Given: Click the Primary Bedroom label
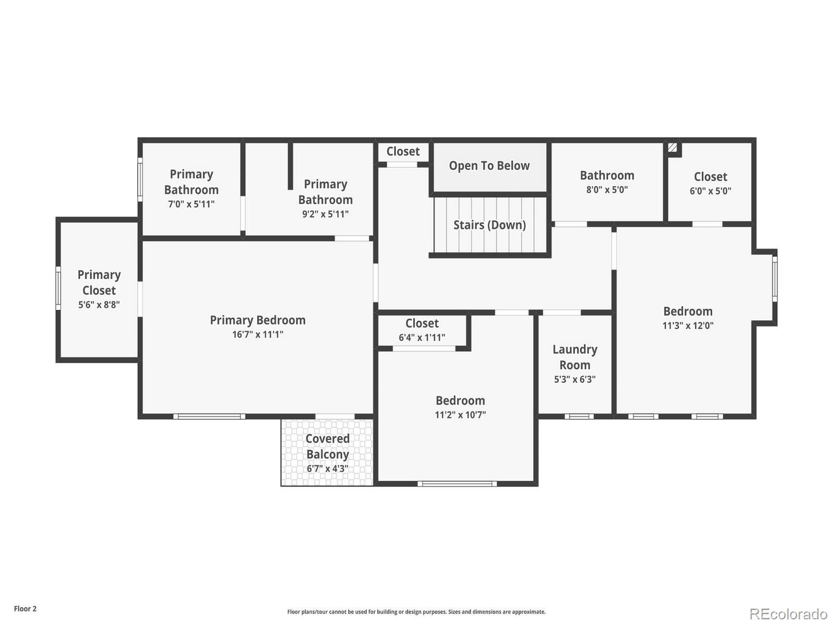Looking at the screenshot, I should click(x=258, y=320).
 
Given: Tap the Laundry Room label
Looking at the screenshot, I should click(x=575, y=357).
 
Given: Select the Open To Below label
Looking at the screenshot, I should click(x=489, y=165).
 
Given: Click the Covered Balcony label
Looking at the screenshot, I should click(x=327, y=447).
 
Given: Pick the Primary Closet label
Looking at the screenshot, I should click(x=99, y=282).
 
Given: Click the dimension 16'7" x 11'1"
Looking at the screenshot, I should click(x=258, y=334).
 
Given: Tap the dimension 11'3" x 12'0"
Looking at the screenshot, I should click(x=688, y=326).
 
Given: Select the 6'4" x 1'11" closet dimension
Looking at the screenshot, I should click(x=422, y=338).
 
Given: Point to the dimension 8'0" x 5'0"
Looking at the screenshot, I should click(x=607, y=190).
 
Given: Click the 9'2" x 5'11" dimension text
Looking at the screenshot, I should click(x=325, y=214).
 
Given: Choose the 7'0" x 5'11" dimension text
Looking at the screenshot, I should click(x=191, y=204).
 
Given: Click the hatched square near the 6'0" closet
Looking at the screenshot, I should click(x=672, y=148).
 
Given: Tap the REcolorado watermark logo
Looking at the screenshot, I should click(x=788, y=614).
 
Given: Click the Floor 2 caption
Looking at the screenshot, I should click(x=25, y=609).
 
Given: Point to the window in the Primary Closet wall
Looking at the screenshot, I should click(x=58, y=288).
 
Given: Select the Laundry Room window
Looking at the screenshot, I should click(x=579, y=416).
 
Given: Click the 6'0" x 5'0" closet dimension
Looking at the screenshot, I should click(x=710, y=191).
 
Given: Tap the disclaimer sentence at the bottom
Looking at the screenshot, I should click(x=416, y=612).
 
